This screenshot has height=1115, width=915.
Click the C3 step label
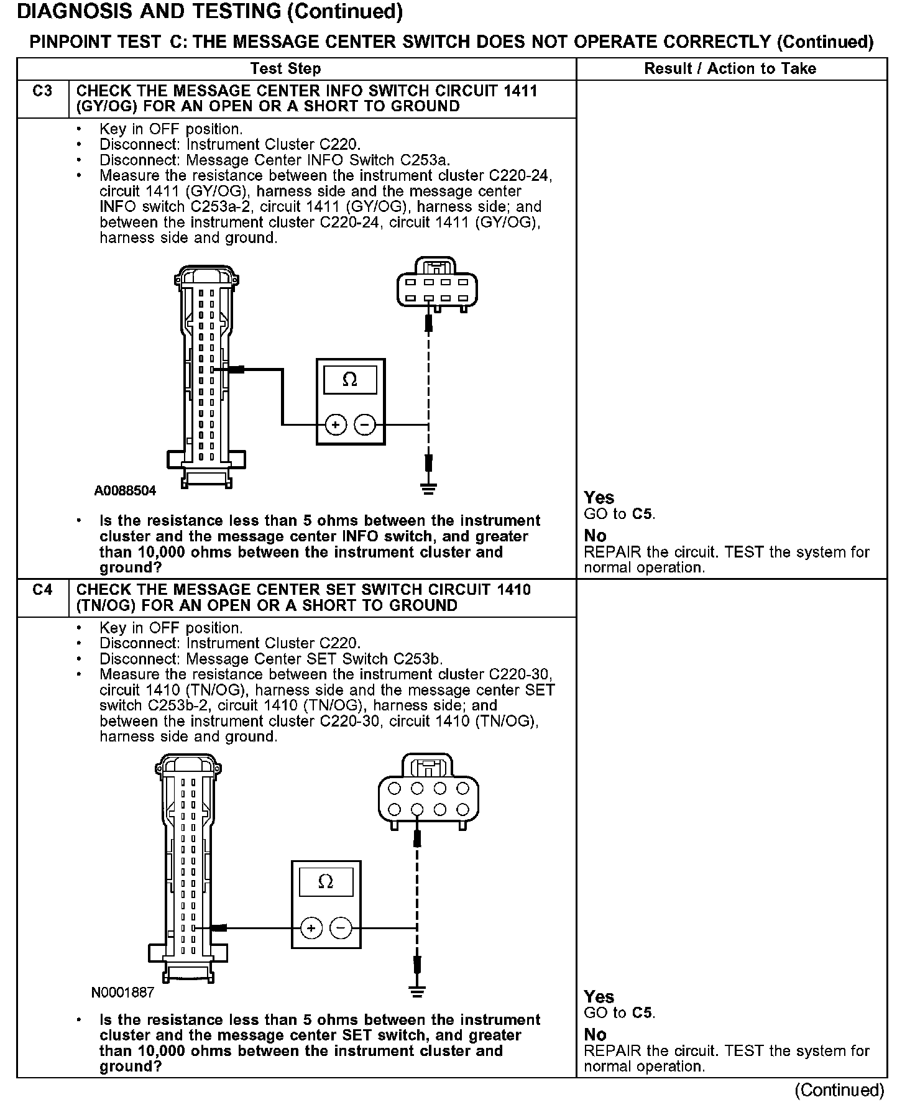point(42,91)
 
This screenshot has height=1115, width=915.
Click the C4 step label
point(42,590)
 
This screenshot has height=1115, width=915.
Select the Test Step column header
point(285,69)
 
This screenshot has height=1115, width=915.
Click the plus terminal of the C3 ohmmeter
point(336,425)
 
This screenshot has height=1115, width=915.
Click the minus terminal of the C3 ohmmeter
point(365,425)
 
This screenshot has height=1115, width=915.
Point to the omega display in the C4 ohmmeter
point(326,882)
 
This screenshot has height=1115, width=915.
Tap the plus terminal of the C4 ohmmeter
point(311,929)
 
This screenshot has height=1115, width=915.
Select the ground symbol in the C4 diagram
point(416,992)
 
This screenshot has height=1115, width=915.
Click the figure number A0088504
point(125,491)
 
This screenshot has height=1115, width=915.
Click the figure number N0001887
point(122,993)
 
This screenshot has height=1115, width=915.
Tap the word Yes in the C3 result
point(599,498)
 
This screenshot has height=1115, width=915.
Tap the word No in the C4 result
point(595,1035)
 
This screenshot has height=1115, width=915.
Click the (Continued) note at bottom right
point(839,1090)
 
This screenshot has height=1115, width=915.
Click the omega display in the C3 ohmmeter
point(350,380)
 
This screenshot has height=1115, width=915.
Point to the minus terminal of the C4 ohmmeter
point(341,929)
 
